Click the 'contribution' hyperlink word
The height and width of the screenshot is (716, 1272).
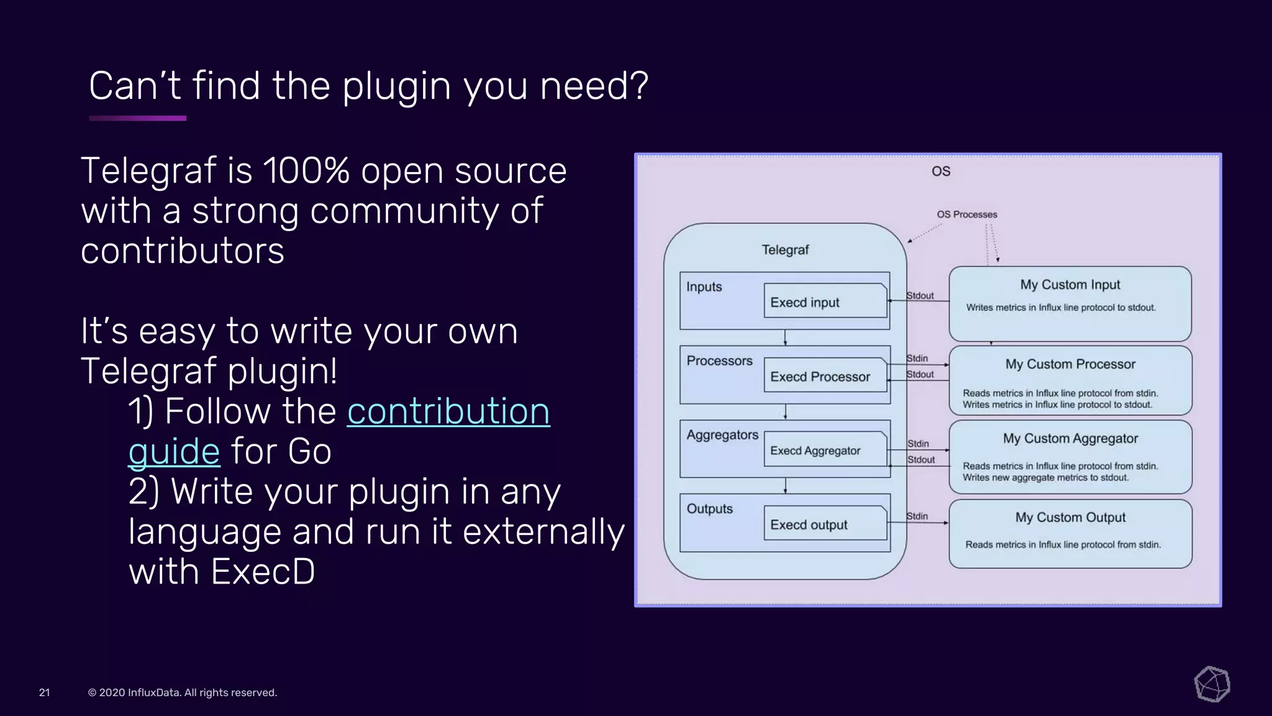(448, 411)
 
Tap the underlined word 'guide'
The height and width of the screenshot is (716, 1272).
(174, 452)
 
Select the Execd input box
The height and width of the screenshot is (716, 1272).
(825, 301)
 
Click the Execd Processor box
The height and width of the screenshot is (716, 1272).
(825, 375)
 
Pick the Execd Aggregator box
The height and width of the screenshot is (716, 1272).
(825, 449)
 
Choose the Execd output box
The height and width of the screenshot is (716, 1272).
(825, 524)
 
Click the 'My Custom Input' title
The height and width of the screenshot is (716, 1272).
(1070, 285)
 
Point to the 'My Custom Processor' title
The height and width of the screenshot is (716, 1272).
(1070, 364)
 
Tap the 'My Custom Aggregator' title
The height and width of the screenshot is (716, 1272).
(1070, 438)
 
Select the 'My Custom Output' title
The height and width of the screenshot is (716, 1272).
(1070, 517)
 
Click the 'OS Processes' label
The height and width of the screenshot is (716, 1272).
(966, 214)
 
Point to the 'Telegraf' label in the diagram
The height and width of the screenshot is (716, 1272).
(785, 250)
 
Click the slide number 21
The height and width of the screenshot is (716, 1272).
(44, 692)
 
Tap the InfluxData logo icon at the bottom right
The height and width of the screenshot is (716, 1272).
(1212, 684)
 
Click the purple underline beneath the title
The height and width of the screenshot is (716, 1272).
(137, 118)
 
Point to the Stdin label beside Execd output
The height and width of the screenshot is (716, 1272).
(917, 516)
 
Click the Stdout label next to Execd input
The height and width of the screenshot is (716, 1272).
(920, 296)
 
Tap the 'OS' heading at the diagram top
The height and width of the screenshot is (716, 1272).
(940, 172)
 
